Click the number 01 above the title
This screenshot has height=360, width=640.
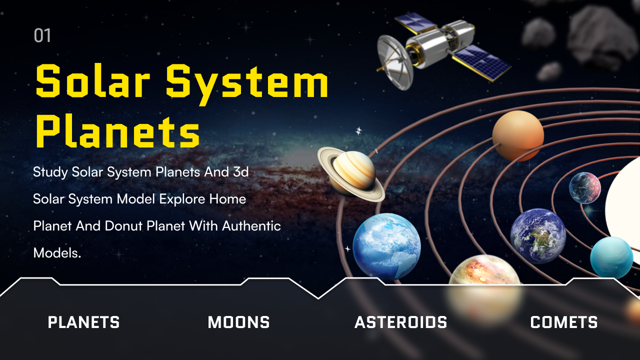pos(42,35)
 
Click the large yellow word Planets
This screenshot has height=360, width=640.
pos(117,131)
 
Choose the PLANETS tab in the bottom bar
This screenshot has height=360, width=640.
pos(83,322)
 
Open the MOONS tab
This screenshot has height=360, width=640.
pos(238,322)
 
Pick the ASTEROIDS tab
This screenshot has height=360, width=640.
pos(400,322)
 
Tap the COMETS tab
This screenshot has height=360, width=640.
pos(563,322)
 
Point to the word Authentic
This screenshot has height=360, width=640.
pos(251,225)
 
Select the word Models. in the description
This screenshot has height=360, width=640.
pos(57,253)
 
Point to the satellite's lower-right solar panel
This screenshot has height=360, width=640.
pos(482,63)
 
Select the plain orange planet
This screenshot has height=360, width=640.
pos(518,135)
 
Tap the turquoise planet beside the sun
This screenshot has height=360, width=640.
pos(611,257)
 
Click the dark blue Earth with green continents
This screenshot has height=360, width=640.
pos(538,236)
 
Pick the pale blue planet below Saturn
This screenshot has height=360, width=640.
pos(386,247)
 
